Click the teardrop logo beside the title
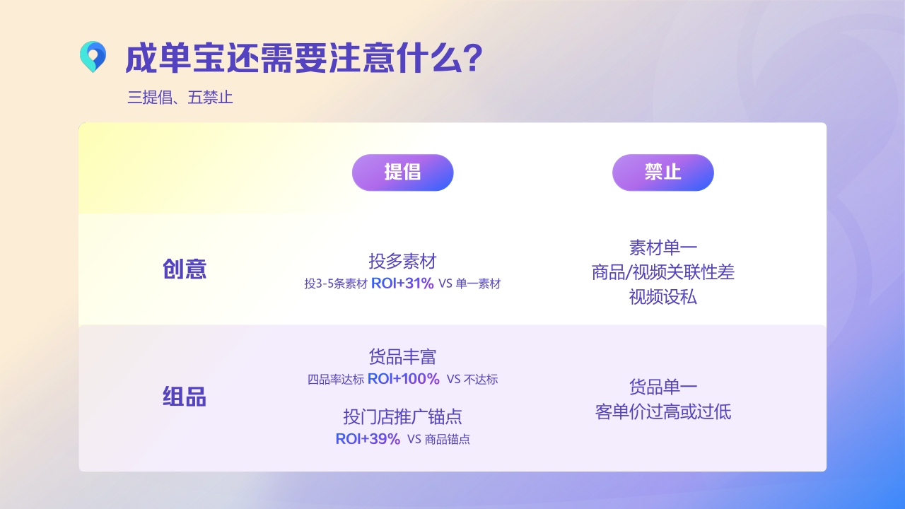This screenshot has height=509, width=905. point(93,57)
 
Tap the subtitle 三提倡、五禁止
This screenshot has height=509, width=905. point(180,98)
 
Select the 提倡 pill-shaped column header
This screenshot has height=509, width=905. point(402,172)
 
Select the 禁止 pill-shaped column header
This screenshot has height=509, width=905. point(662,172)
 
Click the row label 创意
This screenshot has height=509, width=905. point(185,269)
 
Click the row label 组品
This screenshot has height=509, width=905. point(185,397)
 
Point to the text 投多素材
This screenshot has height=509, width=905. point(402,261)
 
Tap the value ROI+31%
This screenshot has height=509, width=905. point(402,283)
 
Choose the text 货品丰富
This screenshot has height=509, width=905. point(402,356)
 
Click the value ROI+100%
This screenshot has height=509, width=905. point(404,379)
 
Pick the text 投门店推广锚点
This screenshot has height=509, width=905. point(402,416)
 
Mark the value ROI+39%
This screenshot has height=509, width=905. point(368,439)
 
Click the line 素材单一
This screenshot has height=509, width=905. point(662,247)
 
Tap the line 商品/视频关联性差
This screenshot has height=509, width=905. point(662,272)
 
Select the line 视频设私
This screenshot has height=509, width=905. point(662,297)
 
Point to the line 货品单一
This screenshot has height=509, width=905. point(662,387)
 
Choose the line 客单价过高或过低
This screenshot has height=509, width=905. point(662,411)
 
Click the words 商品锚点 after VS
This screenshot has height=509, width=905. point(448,440)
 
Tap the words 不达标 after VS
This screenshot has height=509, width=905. point(481,380)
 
